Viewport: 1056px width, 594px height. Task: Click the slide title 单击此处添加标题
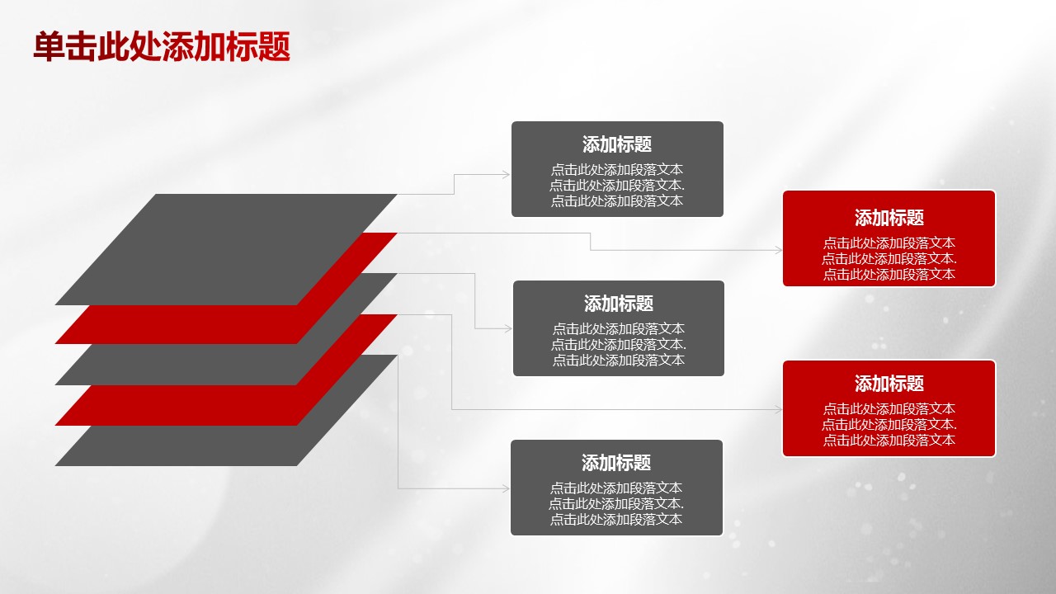pyautogui.click(x=162, y=47)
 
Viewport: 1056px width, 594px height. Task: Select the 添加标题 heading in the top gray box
pyautogui.click(x=617, y=144)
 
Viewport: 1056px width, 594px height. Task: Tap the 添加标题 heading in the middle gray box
pyautogui.click(x=619, y=304)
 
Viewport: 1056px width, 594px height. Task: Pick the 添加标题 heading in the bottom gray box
pyautogui.click(x=616, y=463)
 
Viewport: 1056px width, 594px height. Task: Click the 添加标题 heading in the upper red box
pyautogui.click(x=889, y=218)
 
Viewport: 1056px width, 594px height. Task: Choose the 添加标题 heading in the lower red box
pyautogui.click(x=889, y=384)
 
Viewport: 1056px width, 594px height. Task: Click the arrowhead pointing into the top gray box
pyautogui.click(x=506, y=174)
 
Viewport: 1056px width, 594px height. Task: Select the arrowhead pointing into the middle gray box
pyautogui.click(x=507, y=329)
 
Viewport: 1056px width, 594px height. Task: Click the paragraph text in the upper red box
pyautogui.click(x=889, y=259)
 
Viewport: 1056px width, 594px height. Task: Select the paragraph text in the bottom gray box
pyautogui.click(x=616, y=503)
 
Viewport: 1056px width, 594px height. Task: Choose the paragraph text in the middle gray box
pyautogui.click(x=619, y=344)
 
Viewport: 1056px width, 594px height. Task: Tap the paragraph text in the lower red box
pyautogui.click(x=889, y=425)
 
